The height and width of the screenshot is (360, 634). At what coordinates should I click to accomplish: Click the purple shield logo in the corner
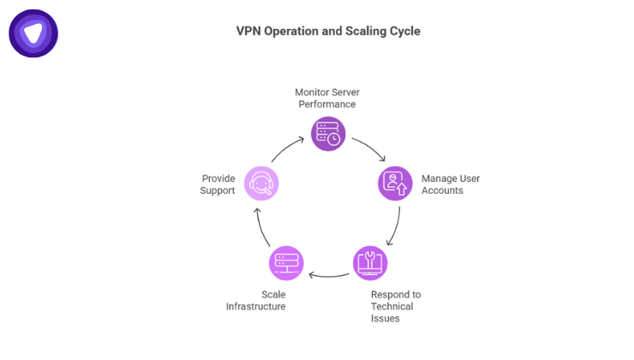(x=33, y=33)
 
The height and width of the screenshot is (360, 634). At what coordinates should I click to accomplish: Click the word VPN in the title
(x=249, y=31)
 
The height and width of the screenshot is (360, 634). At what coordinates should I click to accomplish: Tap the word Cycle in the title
(x=404, y=31)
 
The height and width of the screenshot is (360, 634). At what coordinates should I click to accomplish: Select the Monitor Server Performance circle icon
(x=327, y=134)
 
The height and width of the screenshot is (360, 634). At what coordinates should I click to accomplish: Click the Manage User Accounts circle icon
(x=395, y=183)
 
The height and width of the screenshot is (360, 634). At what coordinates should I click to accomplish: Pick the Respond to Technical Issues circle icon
(x=370, y=262)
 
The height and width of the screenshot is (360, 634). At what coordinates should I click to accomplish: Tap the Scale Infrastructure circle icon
(x=286, y=262)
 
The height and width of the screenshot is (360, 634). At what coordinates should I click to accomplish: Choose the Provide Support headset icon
(x=260, y=183)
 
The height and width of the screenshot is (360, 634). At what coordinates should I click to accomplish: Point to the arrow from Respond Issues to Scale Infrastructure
(x=328, y=275)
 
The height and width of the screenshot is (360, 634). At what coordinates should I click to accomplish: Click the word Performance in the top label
(x=326, y=104)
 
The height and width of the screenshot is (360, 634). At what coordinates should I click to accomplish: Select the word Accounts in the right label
(x=442, y=190)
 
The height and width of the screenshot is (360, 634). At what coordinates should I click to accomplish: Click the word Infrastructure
(x=255, y=306)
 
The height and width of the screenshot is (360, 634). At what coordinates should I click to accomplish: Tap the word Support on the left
(x=218, y=190)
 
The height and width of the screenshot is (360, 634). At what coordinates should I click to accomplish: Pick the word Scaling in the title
(x=361, y=31)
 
